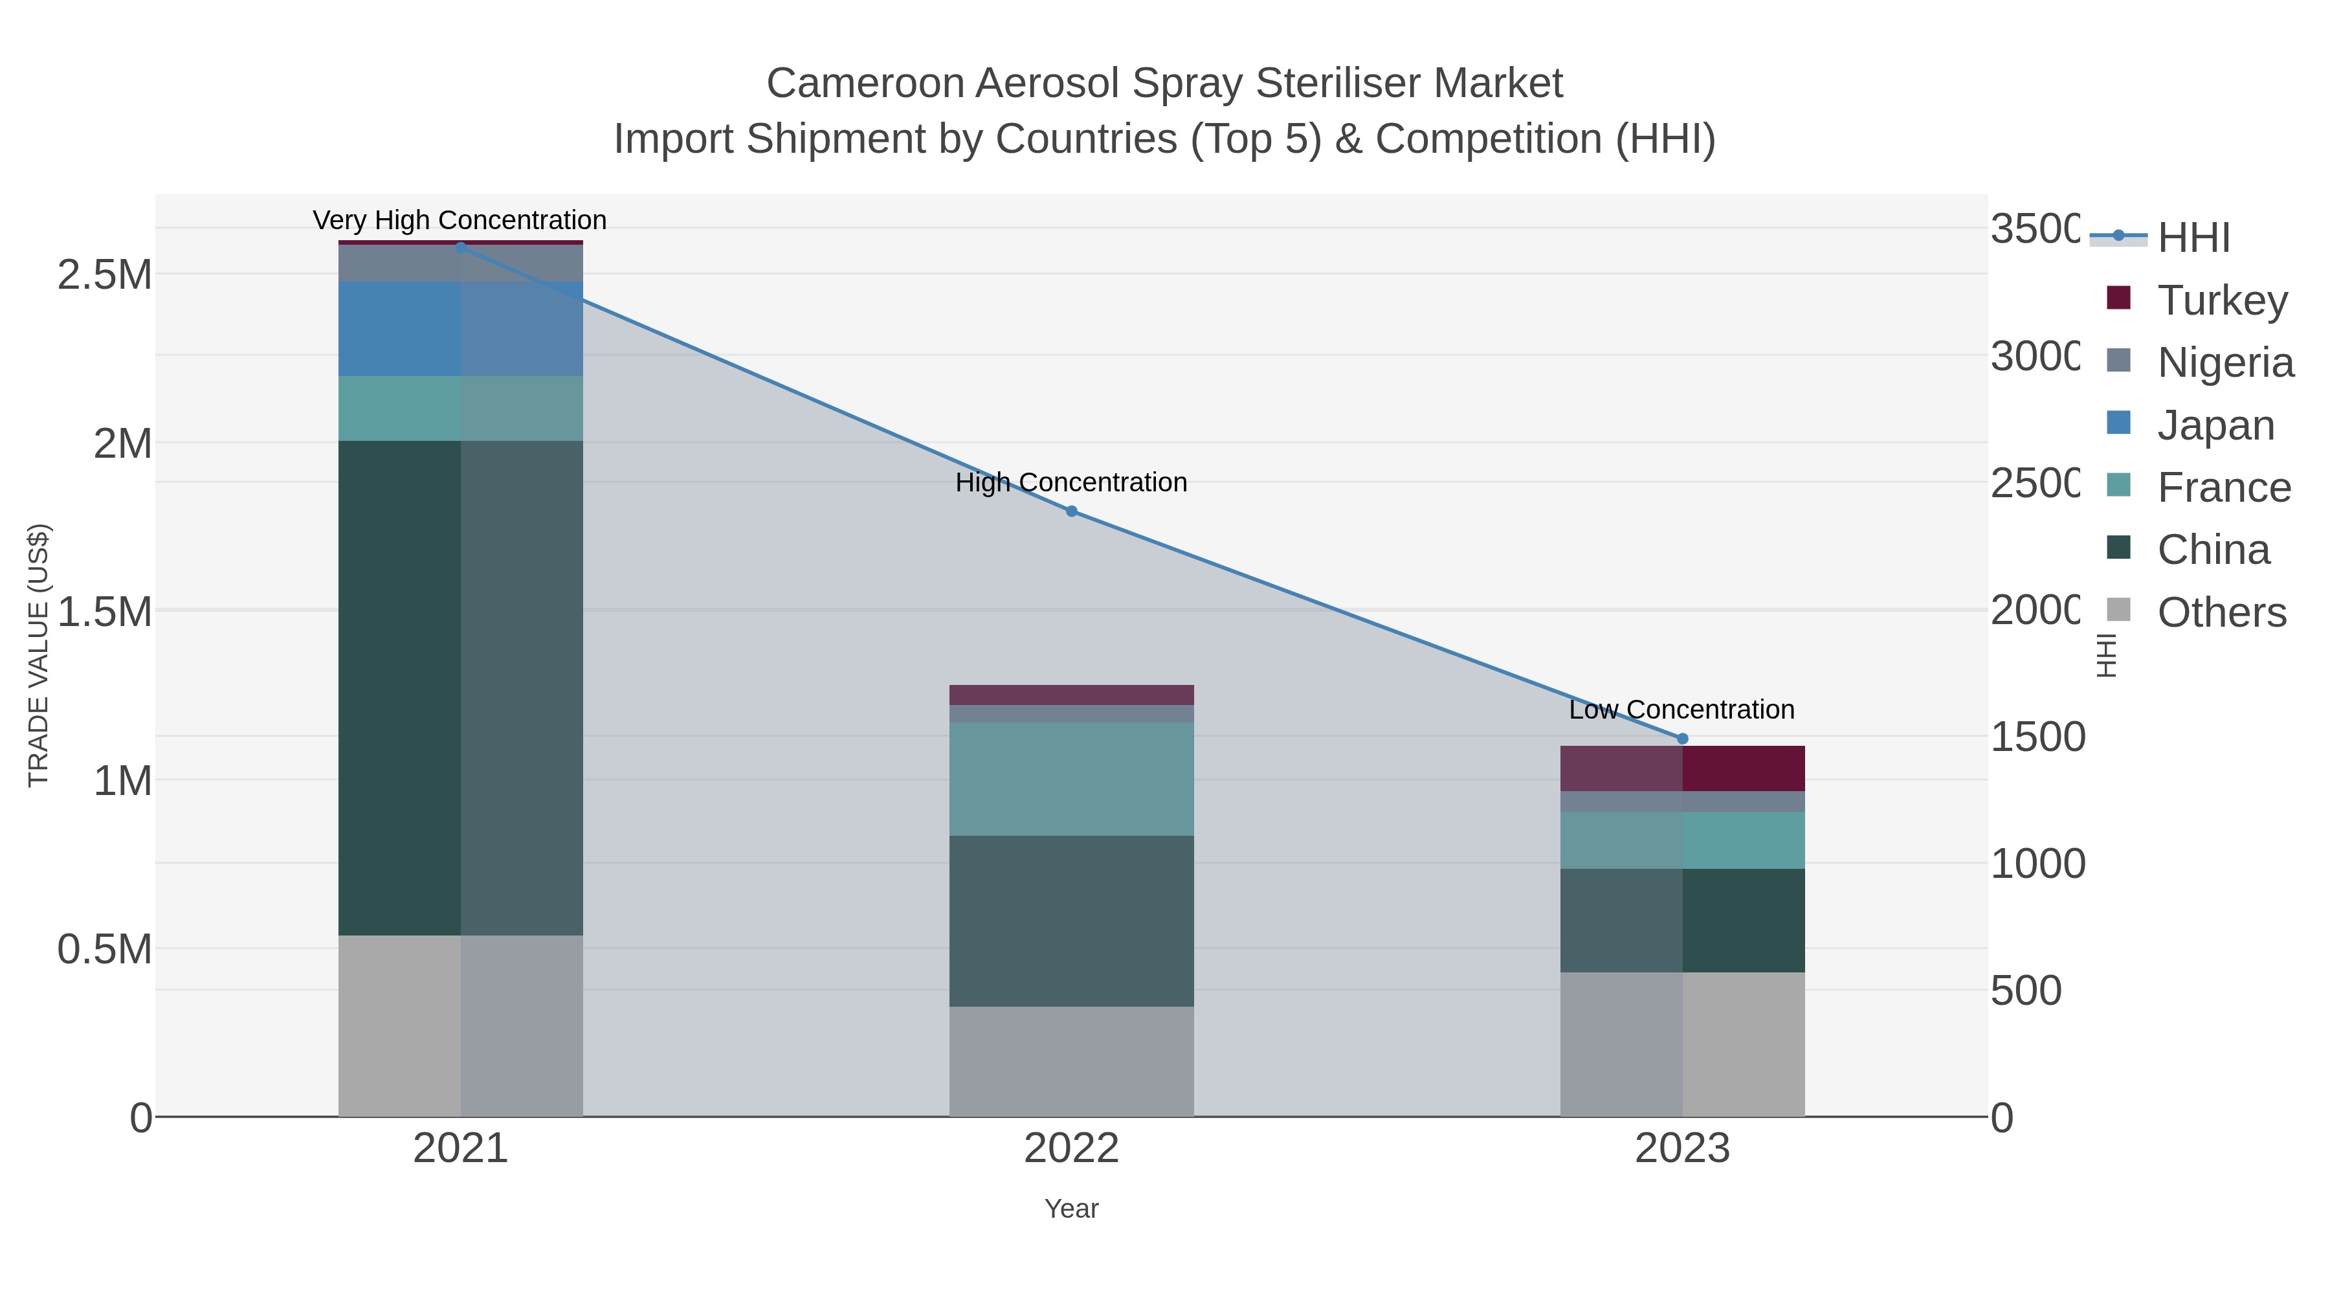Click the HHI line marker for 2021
pos(460,247)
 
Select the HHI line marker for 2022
pos(1071,511)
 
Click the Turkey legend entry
pos(2221,300)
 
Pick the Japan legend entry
pos(2215,425)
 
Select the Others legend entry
pos(2221,612)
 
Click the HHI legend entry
pos(2193,238)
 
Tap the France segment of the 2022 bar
pos(1071,779)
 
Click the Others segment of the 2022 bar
pos(1071,1061)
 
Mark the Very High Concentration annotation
pos(460,221)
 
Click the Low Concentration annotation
pos(1681,710)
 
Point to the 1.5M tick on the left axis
pos(105,612)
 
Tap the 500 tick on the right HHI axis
pos(2026,991)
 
